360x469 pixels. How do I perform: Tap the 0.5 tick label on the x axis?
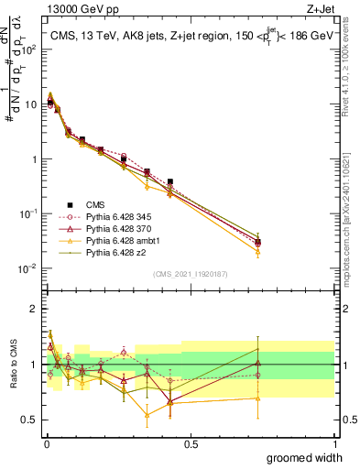191,443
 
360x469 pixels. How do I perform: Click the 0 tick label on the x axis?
45,443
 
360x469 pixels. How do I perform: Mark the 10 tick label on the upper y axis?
30,104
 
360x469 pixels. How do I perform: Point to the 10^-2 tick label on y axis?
28,268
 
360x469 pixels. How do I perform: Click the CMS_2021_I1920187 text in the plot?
189,273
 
